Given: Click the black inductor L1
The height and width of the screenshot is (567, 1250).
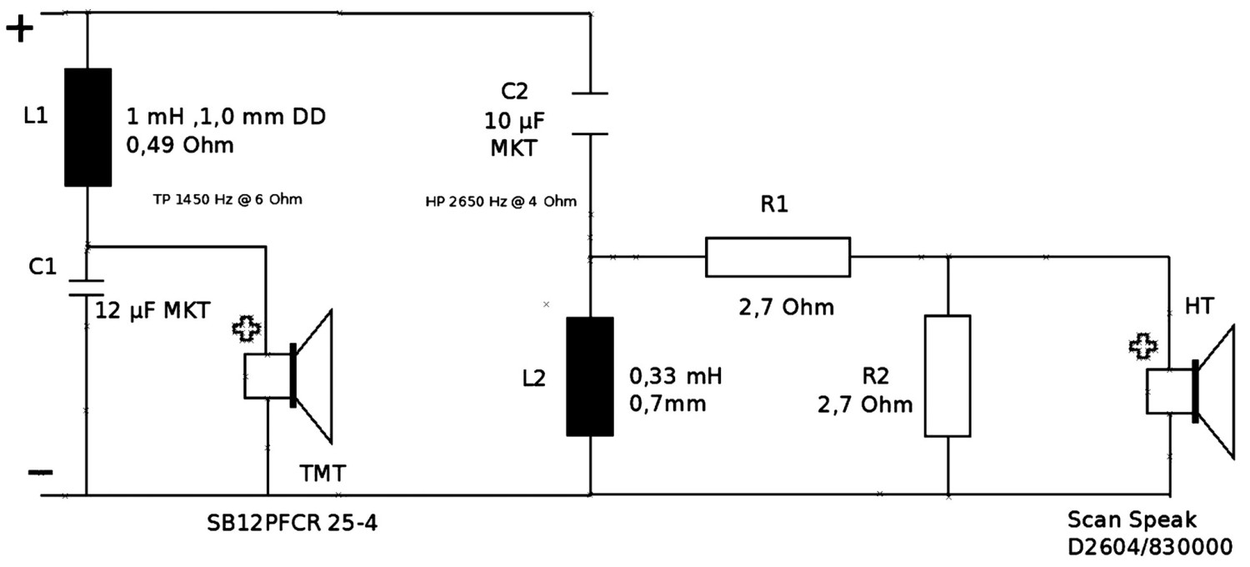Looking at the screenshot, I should coord(88,127).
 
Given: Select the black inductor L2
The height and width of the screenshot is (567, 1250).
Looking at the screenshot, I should coord(590,376).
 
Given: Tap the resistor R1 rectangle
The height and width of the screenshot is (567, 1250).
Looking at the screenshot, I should coord(777,256).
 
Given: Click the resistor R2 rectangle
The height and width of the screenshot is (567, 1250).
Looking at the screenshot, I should coord(947,375).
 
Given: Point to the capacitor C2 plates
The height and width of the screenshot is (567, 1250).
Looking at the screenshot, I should coord(590,113).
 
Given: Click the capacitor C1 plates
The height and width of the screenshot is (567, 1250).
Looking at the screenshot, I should coord(87,285).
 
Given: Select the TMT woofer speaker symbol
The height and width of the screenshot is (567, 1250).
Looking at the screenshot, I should coord(292,375).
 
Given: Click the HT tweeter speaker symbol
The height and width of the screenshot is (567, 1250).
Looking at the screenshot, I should coord(1192,390).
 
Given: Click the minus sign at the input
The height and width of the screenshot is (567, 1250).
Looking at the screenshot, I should coord(39,473).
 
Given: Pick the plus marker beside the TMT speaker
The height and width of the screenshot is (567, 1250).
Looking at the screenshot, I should coord(245,329).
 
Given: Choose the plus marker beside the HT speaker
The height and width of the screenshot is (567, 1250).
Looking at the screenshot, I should coord(1142,345).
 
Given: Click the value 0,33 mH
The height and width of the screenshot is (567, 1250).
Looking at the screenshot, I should coord(676,376).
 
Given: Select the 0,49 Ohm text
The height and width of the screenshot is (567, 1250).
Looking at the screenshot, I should coord(179,146).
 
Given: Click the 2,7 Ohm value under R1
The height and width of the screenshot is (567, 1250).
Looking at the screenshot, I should coord(785,308).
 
